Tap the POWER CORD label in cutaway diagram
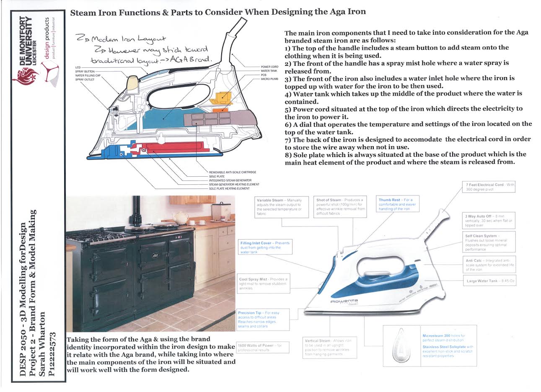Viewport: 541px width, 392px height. (269, 67)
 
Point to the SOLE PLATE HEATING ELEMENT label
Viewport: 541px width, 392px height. (229, 188)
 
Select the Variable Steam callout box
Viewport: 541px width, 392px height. (280, 207)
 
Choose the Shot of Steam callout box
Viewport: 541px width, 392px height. (340, 207)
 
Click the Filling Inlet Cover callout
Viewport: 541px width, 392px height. (265, 248)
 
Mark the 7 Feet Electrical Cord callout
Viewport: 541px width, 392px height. (489, 187)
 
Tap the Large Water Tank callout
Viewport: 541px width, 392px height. (489, 281)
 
